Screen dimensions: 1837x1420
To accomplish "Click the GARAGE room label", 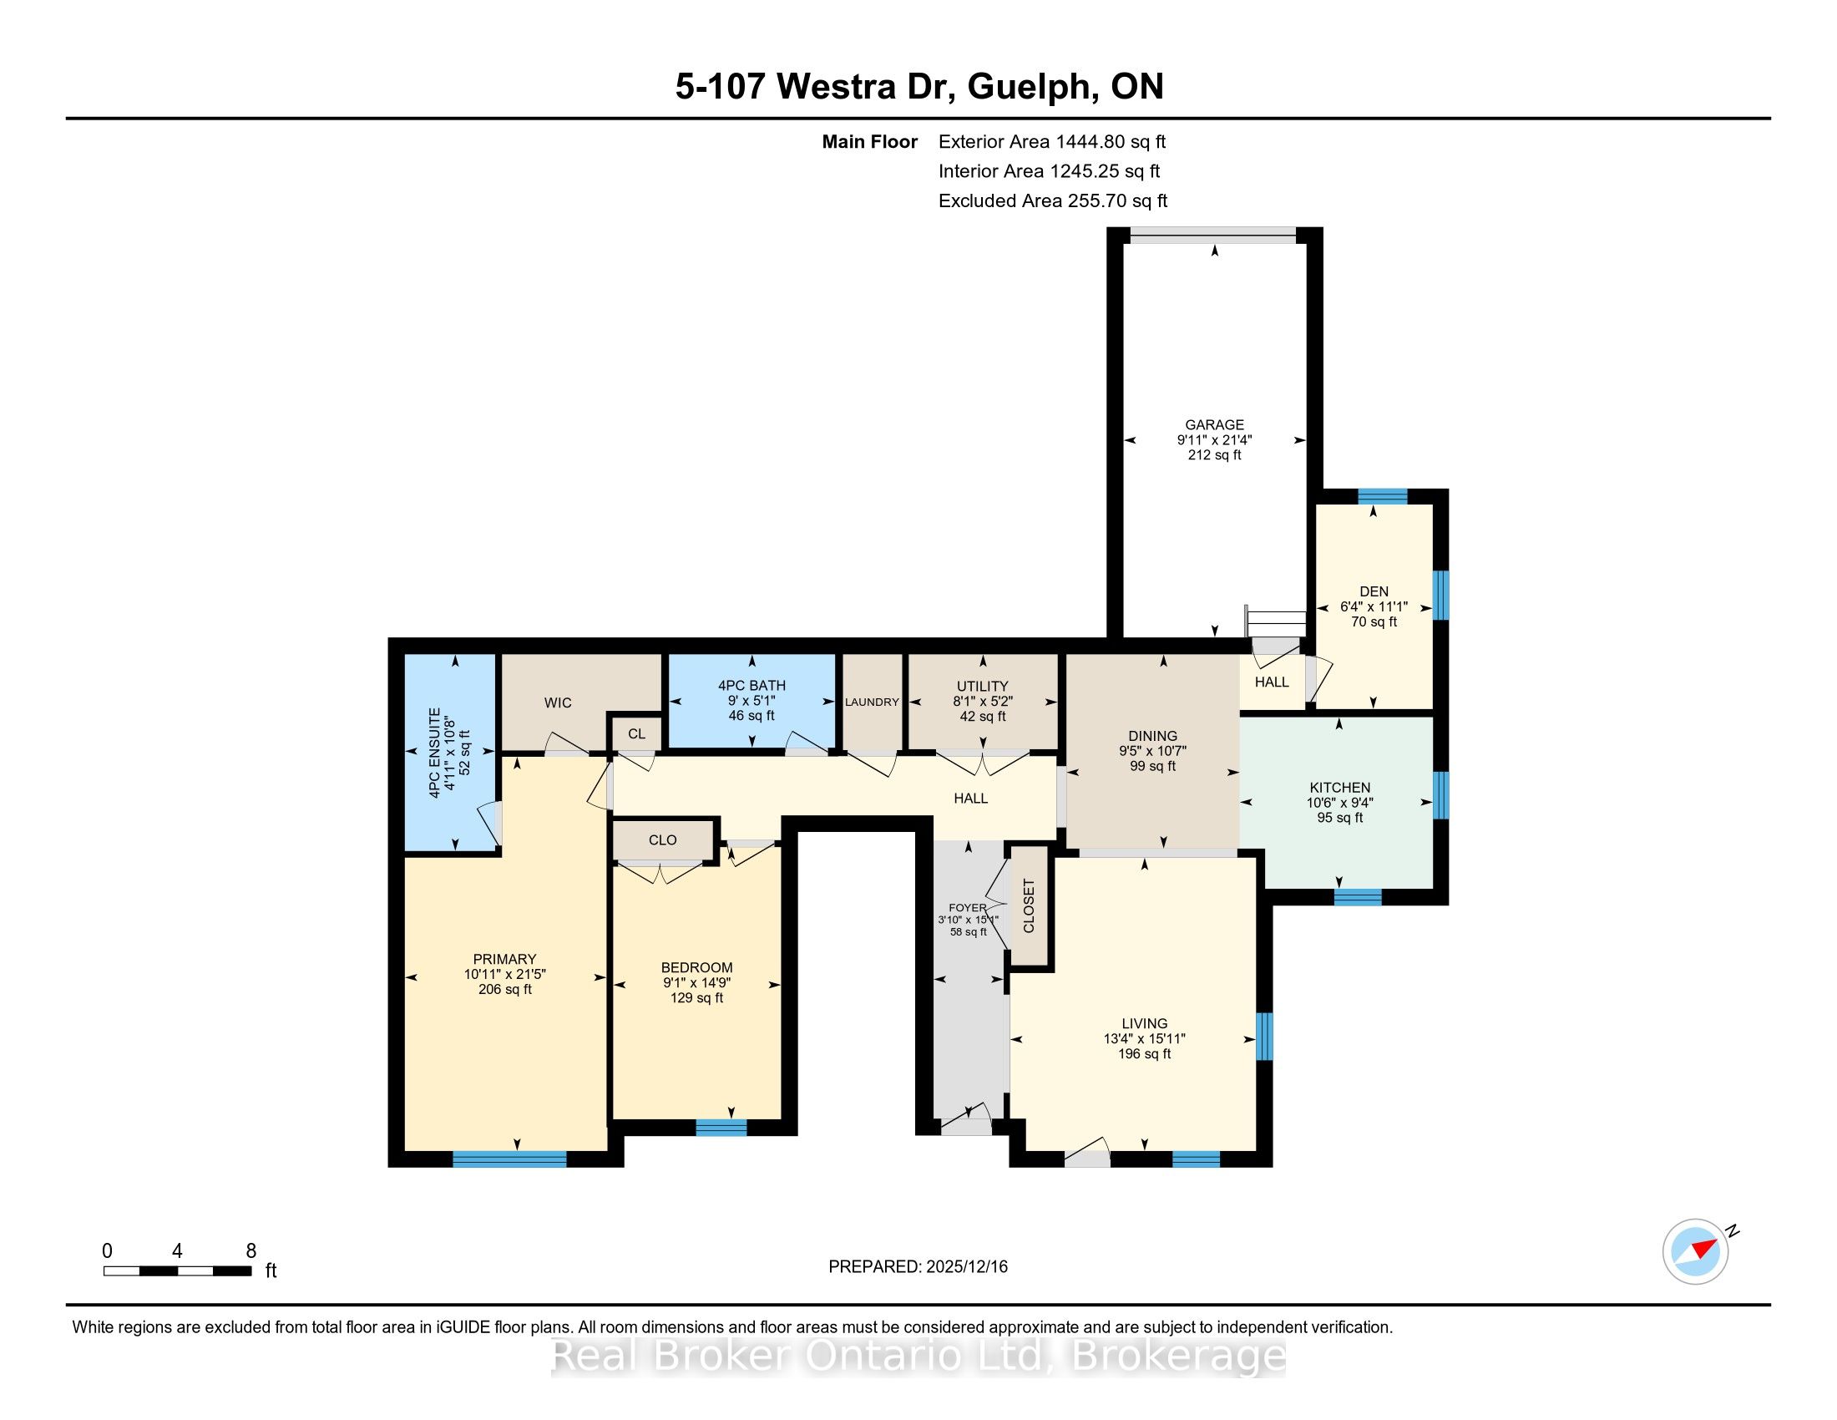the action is (1214, 425).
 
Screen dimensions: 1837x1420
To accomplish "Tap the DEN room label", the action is (1374, 591).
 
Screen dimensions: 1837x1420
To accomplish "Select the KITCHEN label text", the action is (1340, 788).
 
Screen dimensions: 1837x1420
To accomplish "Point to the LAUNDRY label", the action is (873, 702).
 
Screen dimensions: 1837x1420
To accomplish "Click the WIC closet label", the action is (558, 702).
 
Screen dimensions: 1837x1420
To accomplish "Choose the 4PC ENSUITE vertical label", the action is (434, 753).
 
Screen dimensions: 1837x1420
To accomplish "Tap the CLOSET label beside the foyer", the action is (1028, 906).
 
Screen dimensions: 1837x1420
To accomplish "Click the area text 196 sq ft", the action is (1144, 1053).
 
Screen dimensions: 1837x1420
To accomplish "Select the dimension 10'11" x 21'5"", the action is (504, 974).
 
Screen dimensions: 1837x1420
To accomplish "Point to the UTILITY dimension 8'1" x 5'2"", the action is (983, 701).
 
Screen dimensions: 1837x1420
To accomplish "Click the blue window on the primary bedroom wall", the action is (509, 1159).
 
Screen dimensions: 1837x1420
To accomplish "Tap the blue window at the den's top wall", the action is (1382, 496).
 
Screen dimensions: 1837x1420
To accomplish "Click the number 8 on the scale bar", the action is (250, 1251).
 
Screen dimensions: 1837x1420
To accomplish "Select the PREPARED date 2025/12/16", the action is (965, 1267).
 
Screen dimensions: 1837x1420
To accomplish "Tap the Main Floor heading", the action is (870, 142).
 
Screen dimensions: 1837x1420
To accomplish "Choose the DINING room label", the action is (1153, 736).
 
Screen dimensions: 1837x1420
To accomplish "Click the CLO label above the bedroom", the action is (663, 839).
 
